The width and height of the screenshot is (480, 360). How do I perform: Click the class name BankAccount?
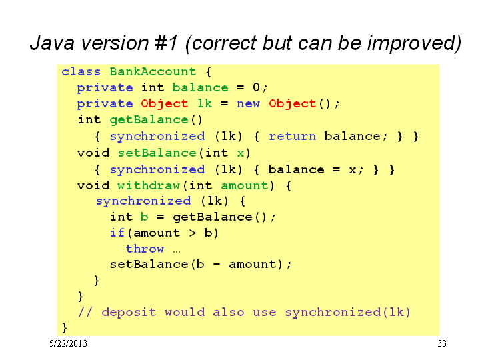153,71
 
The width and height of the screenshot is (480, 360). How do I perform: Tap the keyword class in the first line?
81,71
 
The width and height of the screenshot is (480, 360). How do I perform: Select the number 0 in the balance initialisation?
256,87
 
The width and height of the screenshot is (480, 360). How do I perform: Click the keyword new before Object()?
248,103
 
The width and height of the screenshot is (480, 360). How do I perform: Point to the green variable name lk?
205,103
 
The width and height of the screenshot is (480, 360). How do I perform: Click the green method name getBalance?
149,120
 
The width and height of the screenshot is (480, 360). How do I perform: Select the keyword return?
293,136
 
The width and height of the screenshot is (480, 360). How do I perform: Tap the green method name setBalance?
157,153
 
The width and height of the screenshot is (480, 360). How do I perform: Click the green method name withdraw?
149,185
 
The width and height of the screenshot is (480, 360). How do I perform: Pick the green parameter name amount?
244,186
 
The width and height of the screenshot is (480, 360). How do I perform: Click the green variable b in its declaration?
144,217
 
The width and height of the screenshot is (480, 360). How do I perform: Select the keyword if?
117,233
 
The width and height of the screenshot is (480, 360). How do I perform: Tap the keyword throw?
145,249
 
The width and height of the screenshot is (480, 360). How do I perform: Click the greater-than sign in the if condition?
193,233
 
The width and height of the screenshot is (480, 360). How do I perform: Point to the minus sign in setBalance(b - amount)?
217,265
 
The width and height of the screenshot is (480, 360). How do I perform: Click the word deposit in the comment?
129,312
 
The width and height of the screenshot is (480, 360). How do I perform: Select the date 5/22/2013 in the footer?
68,343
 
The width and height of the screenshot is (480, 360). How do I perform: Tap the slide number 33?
442,343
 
